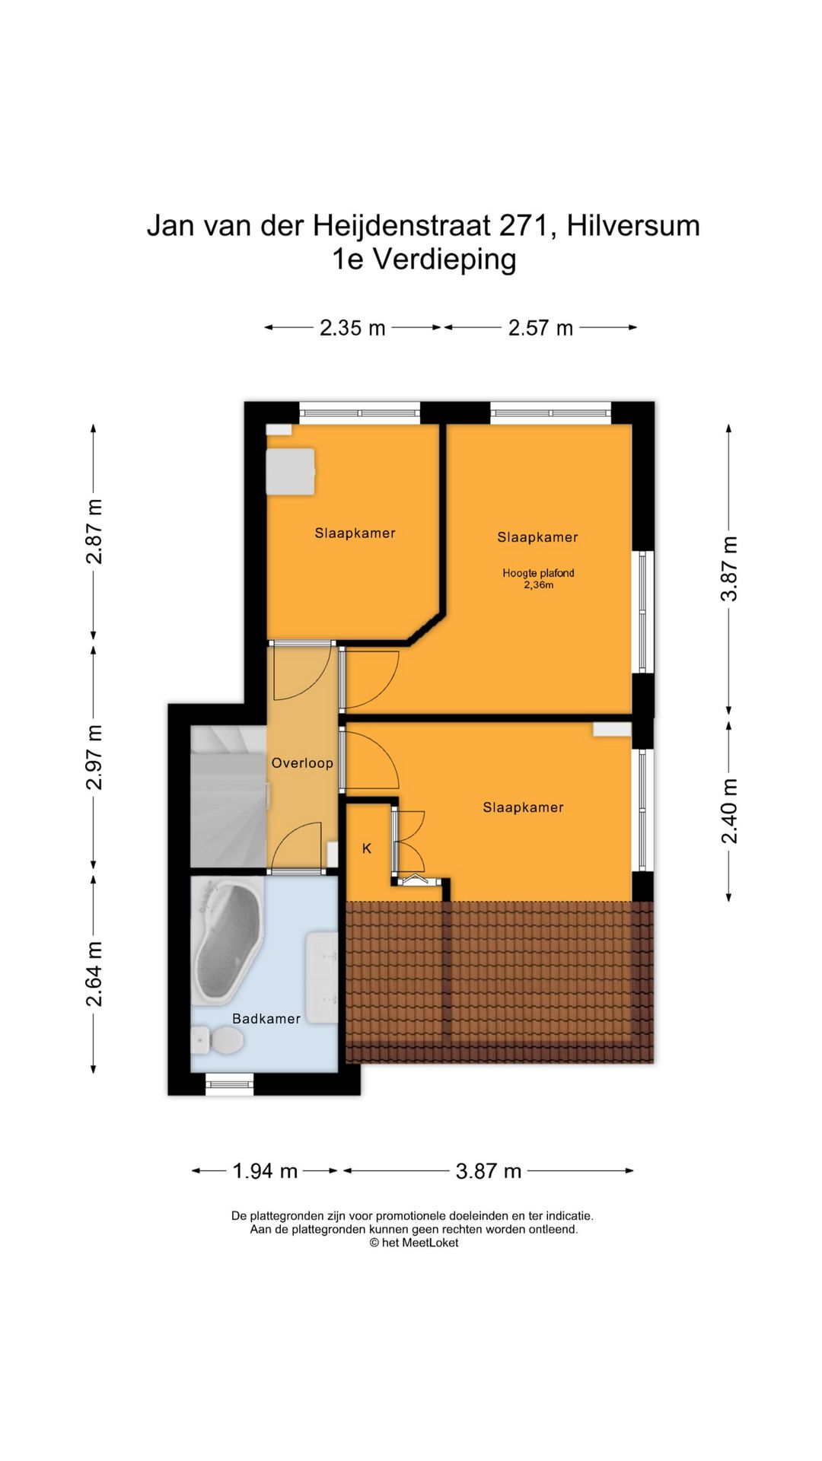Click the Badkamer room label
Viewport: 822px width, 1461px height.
click(x=266, y=1018)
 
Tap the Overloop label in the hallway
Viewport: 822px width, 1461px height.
click(x=302, y=762)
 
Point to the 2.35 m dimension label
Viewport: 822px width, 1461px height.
click(x=352, y=328)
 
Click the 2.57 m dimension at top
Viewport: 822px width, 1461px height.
click(x=540, y=328)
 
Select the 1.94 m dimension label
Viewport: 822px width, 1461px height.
click(x=265, y=1170)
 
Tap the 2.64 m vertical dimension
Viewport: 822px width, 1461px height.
click(x=94, y=974)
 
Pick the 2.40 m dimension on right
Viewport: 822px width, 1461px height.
click(x=729, y=811)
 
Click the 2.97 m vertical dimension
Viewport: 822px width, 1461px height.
click(x=94, y=757)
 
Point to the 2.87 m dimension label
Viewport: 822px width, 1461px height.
click(x=94, y=531)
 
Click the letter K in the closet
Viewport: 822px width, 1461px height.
click(x=367, y=848)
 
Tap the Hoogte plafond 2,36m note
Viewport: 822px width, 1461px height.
click(x=538, y=579)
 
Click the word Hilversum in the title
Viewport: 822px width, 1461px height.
click(x=633, y=226)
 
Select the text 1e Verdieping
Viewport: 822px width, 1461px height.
click(x=424, y=259)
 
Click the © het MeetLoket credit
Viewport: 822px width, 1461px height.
click(x=414, y=1243)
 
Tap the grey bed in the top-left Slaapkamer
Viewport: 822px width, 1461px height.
click(x=290, y=472)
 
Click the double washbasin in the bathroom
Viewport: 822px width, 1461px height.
click(x=322, y=978)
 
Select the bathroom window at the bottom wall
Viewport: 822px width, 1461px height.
click(x=230, y=1084)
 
